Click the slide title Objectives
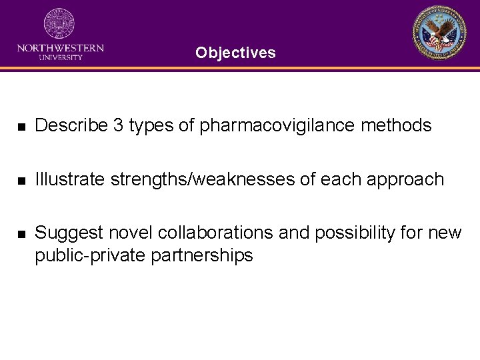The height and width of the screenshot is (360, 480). point(235,53)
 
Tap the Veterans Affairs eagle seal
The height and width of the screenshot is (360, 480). point(439,33)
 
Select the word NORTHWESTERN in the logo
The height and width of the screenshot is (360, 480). point(60,48)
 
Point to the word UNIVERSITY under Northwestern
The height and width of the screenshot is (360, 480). point(60,57)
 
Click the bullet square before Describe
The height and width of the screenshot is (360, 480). point(21,126)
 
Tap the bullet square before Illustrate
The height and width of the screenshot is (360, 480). point(21,180)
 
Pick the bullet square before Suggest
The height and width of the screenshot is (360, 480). point(21,234)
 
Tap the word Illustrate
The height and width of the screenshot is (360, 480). point(69,179)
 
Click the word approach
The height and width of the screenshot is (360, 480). point(405,180)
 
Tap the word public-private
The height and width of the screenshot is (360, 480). point(91,255)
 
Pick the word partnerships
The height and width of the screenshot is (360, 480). point(201,255)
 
